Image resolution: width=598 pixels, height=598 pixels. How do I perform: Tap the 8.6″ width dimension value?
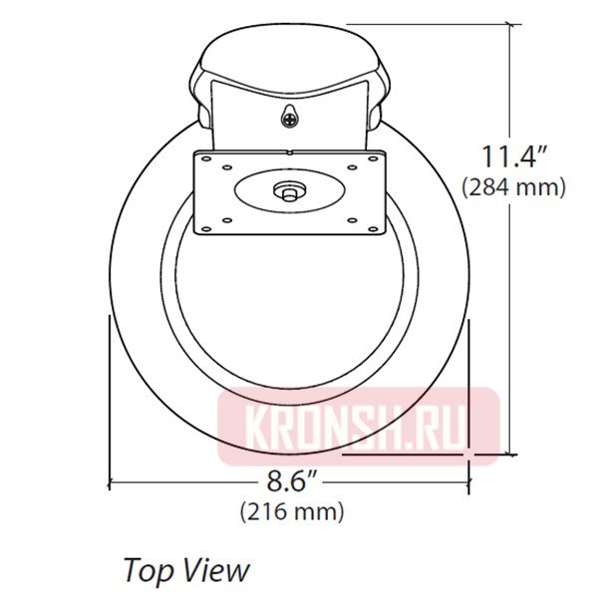pyautogui.click(x=292, y=483)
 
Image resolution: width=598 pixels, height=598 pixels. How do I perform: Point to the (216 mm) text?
pyautogui.click(x=292, y=512)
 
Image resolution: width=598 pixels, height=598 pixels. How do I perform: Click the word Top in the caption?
pyautogui.click(x=146, y=570)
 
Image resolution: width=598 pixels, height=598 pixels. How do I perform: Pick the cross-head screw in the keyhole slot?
pyautogui.click(x=289, y=119)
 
